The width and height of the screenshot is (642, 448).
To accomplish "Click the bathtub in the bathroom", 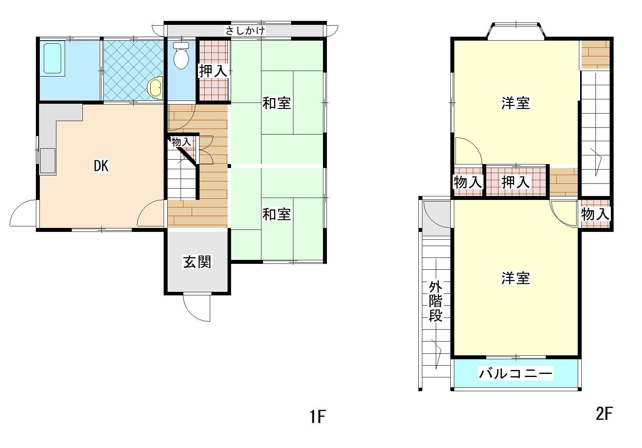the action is (x=52, y=58).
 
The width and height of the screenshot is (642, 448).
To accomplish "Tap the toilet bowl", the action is (x=181, y=56).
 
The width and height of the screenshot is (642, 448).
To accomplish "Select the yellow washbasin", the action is (x=155, y=88).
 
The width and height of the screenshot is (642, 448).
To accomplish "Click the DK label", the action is (x=101, y=166).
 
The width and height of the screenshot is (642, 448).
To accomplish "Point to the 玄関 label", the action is (x=197, y=262).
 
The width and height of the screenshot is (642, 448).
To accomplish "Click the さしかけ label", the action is (x=245, y=31).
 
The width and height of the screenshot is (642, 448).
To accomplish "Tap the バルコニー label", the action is (x=515, y=373).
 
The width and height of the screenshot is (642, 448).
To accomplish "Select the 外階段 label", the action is (x=435, y=301).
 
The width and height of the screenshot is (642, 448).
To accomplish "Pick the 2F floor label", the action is (x=604, y=413).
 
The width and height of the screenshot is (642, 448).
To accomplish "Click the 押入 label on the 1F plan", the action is (x=213, y=71).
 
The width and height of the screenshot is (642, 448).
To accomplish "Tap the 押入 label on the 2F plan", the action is (x=515, y=182).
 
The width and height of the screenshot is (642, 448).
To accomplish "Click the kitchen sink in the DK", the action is (x=48, y=161).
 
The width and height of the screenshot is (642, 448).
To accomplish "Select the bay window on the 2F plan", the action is (x=516, y=30).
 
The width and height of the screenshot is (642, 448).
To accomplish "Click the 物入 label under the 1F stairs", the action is (x=181, y=142).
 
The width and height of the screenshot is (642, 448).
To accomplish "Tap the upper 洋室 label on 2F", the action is (x=515, y=103).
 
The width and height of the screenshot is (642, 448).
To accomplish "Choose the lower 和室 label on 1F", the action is (x=276, y=215).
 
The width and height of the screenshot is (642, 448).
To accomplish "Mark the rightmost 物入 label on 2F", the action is (x=595, y=214).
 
